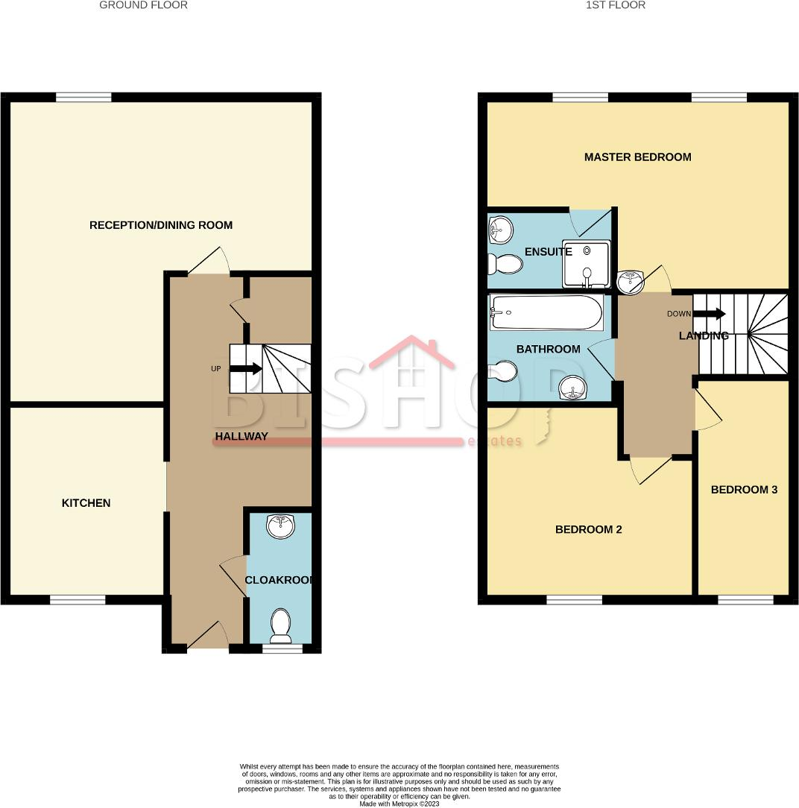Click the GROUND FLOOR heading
coord(143,5)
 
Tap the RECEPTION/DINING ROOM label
coord(161,225)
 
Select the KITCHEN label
coord(86,503)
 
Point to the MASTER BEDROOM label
coord(637,157)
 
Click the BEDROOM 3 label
coord(744,490)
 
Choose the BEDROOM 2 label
coord(588,530)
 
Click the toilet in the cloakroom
coord(281,625)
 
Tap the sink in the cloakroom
coord(281,526)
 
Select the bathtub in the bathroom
coord(546,312)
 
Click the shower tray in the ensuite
coord(587,264)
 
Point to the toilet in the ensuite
coord(504,263)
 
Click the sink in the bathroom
coord(571,388)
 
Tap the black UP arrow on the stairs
coord(245,368)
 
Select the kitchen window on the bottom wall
coord(78,599)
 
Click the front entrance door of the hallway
coord(208,636)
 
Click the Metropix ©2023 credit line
coord(399,804)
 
